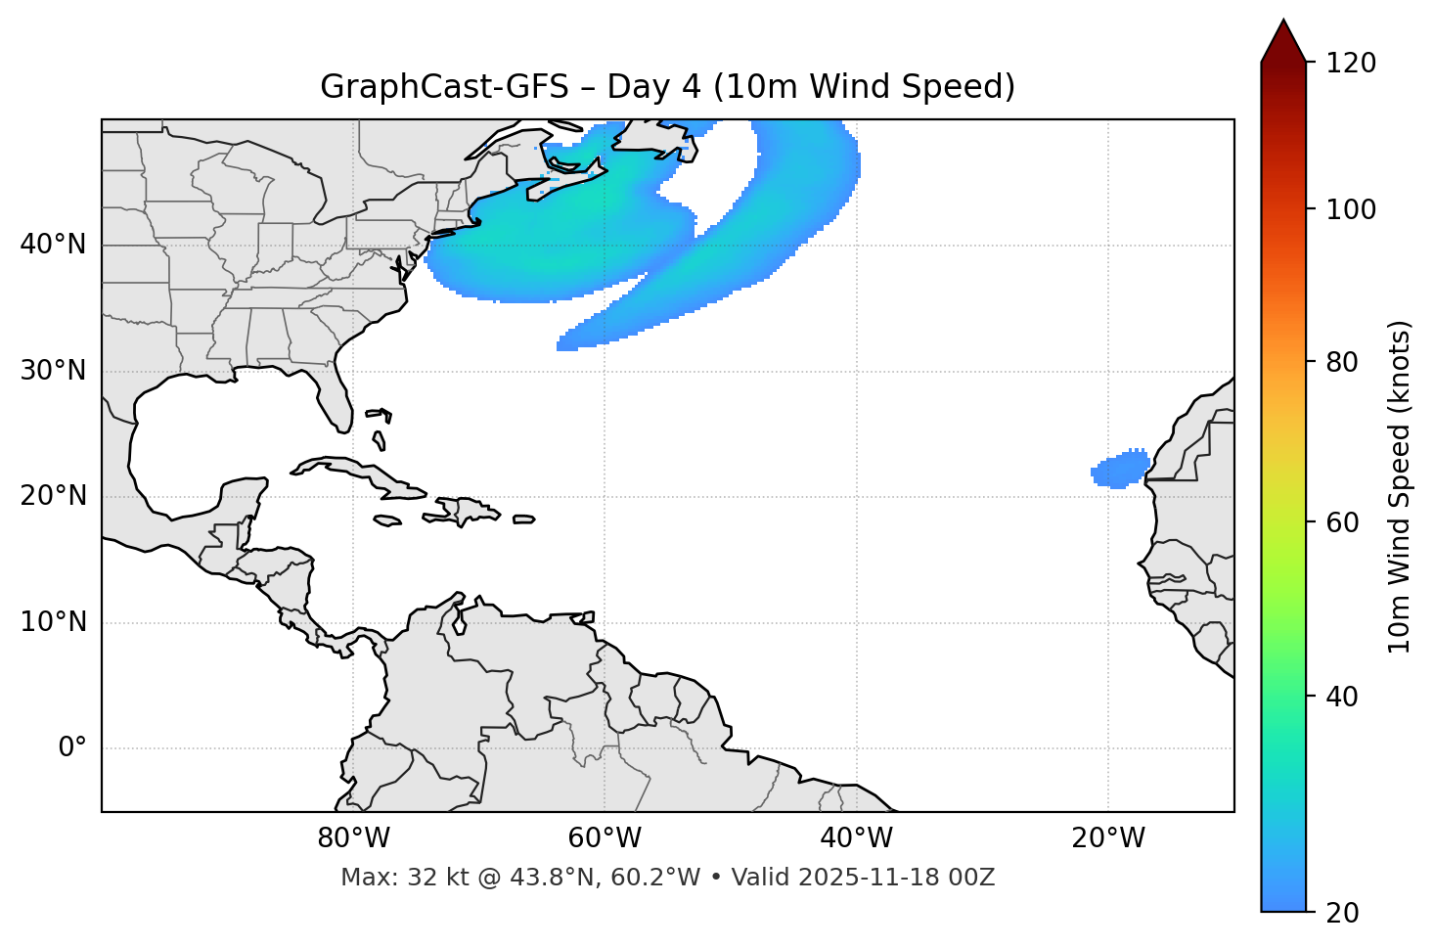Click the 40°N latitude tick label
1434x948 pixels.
click(53, 245)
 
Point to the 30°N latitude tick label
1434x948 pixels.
click(53, 371)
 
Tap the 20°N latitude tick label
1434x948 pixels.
click(53, 496)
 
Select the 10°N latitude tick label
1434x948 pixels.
click(53, 622)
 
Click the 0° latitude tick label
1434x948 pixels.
click(72, 748)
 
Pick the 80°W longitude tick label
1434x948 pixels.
click(353, 838)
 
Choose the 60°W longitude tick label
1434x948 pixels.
click(605, 838)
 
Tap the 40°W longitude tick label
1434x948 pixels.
click(856, 838)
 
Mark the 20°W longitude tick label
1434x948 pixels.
click(1108, 838)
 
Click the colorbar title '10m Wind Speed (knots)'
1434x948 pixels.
click(1400, 487)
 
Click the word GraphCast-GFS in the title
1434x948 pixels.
click(444, 87)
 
